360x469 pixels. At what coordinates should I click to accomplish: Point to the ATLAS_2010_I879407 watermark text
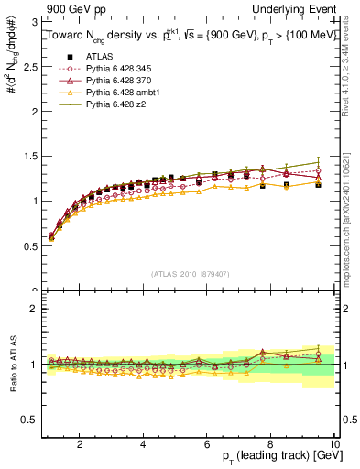(190, 272)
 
